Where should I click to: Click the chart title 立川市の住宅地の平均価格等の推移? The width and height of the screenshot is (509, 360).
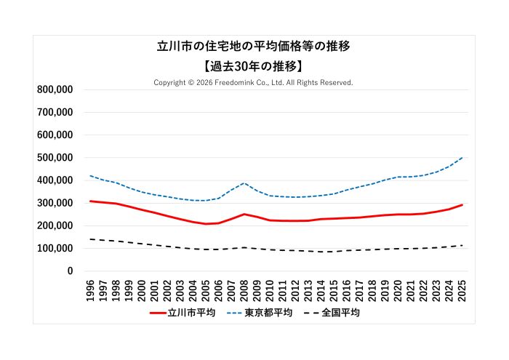[254, 47]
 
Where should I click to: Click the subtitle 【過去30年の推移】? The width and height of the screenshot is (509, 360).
[254, 66]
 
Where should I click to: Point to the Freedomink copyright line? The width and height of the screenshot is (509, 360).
[254, 83]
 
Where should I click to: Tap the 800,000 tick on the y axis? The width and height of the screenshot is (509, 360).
[54, 89]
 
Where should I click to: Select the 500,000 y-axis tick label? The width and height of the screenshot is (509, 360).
[54, 158]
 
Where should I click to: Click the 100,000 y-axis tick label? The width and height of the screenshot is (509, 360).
[54, 249]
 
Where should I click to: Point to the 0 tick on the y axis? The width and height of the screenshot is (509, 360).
[70, 271]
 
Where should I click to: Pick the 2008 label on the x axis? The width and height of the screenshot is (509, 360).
[244, 289]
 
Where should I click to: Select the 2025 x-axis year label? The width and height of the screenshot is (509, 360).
[462, 289]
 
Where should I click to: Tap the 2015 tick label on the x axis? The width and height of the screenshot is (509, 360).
[334, 289]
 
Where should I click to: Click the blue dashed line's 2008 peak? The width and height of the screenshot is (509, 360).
[245, 183]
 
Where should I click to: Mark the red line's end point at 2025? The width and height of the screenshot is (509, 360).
[462, 205]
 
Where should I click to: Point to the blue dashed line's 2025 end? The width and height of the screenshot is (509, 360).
[462, 158]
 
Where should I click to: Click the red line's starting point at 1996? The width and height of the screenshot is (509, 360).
[91, 201]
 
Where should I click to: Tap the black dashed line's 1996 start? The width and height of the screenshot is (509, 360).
[91, 239]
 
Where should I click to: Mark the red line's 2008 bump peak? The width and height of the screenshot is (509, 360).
[244, 215]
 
